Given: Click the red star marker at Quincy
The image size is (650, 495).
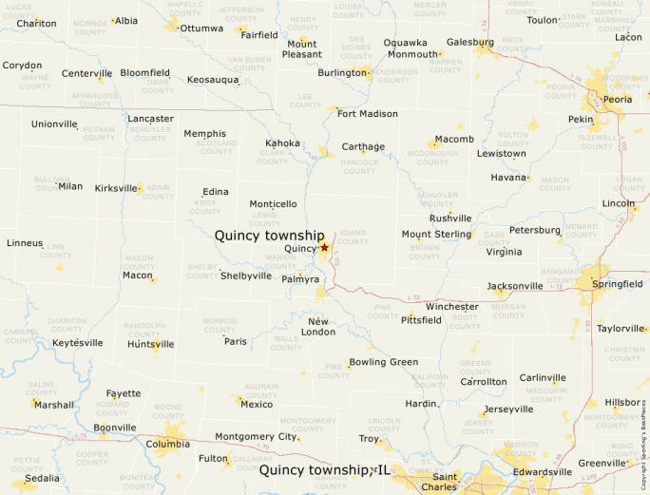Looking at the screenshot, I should tap(324, 247).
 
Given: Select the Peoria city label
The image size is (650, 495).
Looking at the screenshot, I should tap(618, 99).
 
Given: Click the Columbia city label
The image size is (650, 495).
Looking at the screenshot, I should tap(167, 444).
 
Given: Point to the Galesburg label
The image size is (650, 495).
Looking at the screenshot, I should tap(470, 42).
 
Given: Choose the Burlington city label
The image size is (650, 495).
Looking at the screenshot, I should tap(342, 72).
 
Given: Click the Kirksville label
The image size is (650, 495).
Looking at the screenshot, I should tap(116, 188).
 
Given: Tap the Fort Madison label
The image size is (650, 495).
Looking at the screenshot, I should tap(367, 114).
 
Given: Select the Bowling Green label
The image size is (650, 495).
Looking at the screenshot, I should tap(383, 362).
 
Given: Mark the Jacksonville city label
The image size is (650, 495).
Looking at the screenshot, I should tap(515, 286).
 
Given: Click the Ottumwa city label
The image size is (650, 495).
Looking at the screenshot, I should tap(201, 29).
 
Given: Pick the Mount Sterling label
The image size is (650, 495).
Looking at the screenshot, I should tap(436, 234).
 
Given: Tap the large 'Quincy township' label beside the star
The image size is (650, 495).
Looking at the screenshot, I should tap(269, 235).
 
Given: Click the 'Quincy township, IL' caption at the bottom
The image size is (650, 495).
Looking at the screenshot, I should tap(324, 470).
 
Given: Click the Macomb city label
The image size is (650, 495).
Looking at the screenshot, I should tap(454, 140).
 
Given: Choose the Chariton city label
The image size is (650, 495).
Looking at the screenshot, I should tap(36, 23).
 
